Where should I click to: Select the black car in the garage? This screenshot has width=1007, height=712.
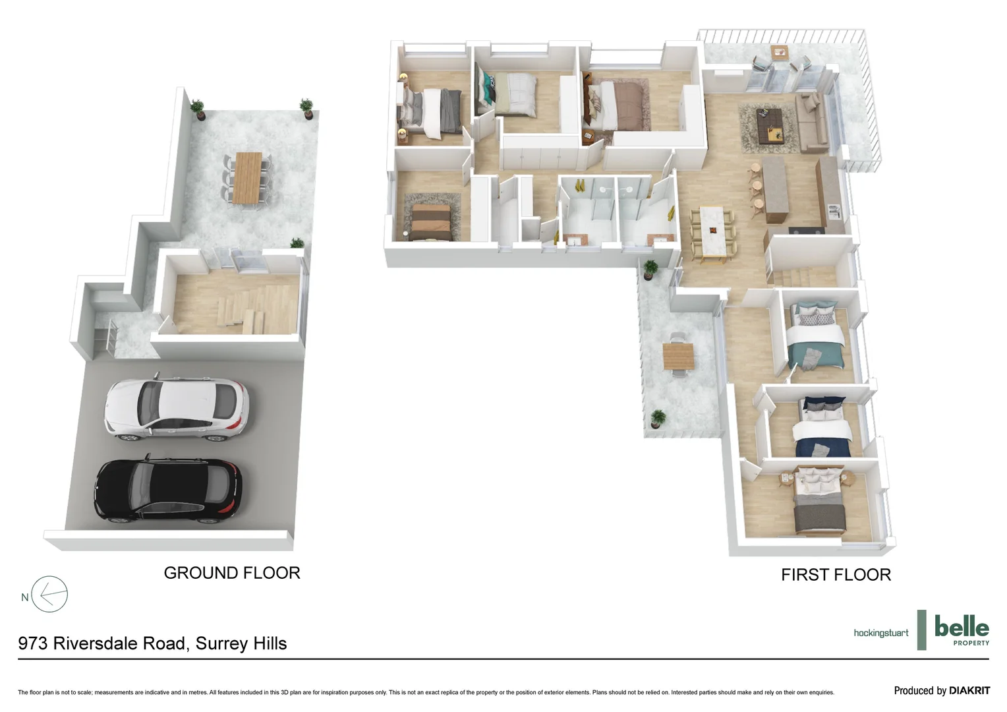[x=168, y=490]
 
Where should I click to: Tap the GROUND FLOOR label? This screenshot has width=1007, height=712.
[x=232, y=573]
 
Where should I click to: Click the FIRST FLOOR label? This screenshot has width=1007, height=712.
[x=836, y=575]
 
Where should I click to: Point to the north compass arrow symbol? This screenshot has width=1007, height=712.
[x=49, y=595]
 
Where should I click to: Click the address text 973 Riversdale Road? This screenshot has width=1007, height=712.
[x=152, y=643]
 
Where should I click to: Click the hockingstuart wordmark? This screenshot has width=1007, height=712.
[x=880, y=633]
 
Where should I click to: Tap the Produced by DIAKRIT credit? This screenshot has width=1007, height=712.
[x=941, y=690]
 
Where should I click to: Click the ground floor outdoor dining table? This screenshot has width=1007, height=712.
[x=248, y=178]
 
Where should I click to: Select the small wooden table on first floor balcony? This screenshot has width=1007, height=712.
[x=678, y=357]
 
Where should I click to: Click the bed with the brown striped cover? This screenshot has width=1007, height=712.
[x=431, y=220]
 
